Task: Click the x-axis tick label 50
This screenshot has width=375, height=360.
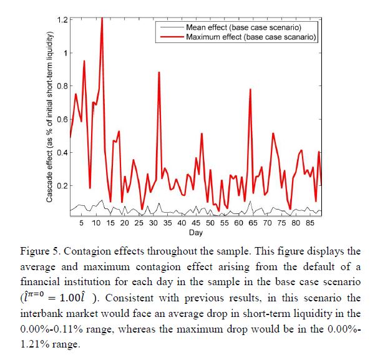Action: (210, 223)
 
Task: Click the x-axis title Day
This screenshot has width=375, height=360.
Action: (197, 232)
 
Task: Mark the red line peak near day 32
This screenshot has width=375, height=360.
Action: (159, 72)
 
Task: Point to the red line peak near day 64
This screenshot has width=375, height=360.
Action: (250, 89)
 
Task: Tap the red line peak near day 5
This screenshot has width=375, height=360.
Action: (84, 61)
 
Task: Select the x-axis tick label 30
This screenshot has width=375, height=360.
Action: (153, 223)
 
